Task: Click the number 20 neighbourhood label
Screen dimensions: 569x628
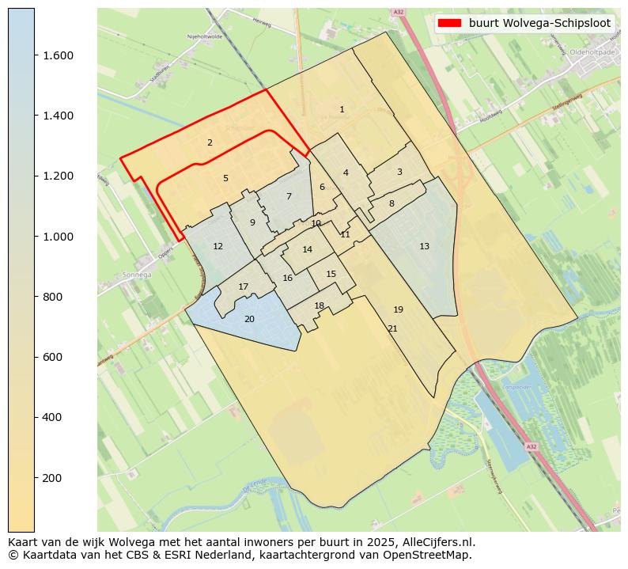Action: click(249, 319)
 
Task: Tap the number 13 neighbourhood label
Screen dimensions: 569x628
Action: click(424, 246)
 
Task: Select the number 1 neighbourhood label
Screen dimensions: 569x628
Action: click(342, 109)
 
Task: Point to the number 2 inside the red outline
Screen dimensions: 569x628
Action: click(210, 142)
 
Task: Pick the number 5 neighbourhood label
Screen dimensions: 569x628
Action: click(225, 178)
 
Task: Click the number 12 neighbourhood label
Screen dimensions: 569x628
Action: click(218, 246)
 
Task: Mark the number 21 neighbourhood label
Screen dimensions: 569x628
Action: click(392, 328)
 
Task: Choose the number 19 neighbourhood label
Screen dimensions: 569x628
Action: click(398, 309)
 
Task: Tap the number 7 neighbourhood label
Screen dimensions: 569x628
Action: click(289, 196)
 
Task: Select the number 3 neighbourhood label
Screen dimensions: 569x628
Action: click(399, 172)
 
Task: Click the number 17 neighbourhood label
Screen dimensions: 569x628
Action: click(244, 286)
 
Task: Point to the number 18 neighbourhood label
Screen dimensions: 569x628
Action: click(320, 305)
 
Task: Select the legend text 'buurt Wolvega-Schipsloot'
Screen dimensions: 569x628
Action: click(539, 23)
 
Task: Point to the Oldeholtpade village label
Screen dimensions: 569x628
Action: click(592, 52)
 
